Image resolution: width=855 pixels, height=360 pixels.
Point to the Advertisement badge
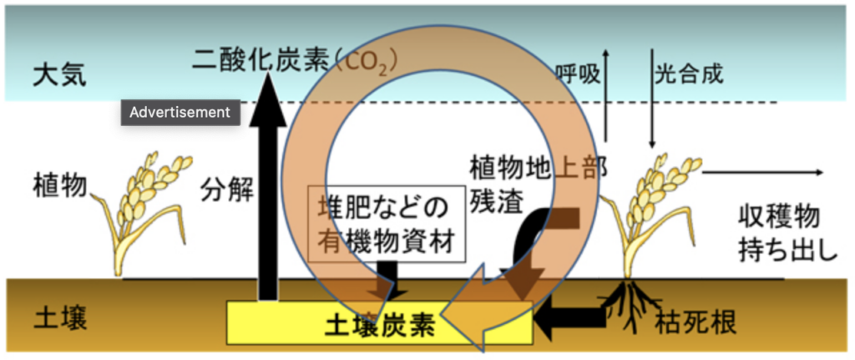pyautogui.click(x=180, y=113)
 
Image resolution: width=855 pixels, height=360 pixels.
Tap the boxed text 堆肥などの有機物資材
pyautogui.click(x=385, y=224)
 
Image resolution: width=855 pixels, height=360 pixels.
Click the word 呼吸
pyautogui.click(x=578, y=74)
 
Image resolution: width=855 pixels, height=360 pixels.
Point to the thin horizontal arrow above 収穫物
pyautogui.click(x=764, y=173)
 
